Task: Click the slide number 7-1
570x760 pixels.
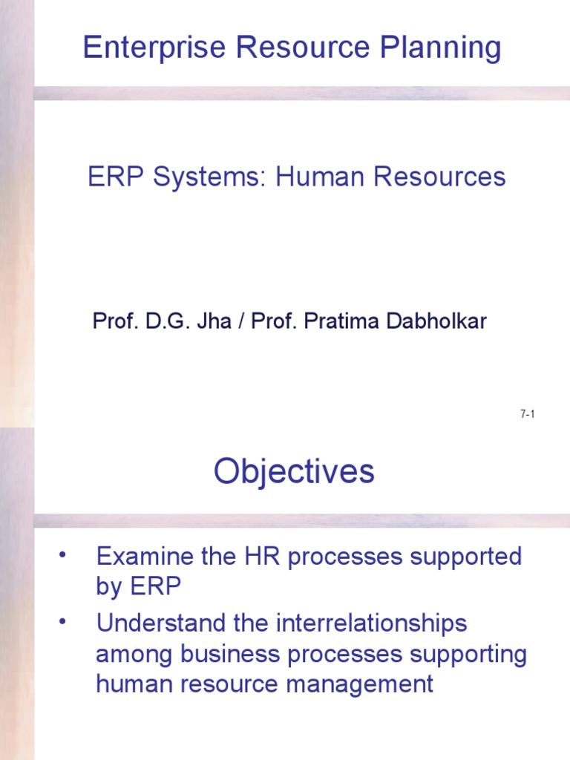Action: (x=528, y=414)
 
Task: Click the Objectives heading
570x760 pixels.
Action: (x=294, y=471)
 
